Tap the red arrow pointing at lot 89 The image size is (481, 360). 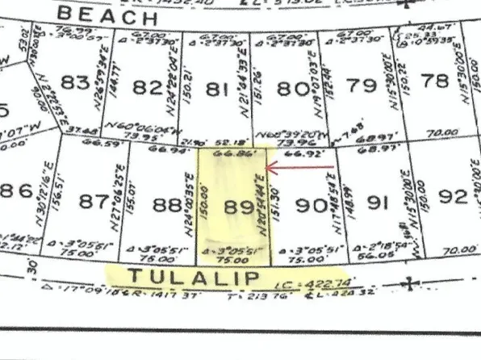click(299, 168)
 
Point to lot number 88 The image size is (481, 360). click(168, 205)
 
